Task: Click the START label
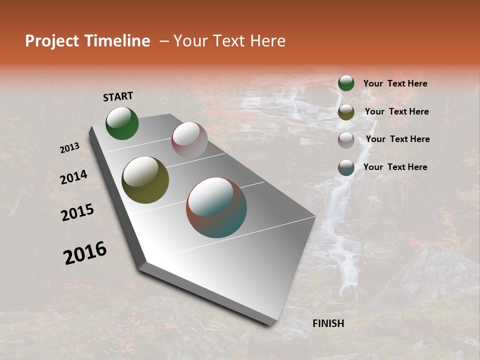point(118,96)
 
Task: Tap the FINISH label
point(328,323)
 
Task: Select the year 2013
point(70,148)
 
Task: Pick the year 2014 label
point(73,177)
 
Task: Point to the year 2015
point(77,212)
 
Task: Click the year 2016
point(85,253)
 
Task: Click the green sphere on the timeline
point(122,123)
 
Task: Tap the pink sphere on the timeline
point(189,140)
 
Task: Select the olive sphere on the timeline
point(145,180)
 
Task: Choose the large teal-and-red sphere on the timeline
point(216,207)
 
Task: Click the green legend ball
point(346,83)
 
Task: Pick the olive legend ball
point(346,112)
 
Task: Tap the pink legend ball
point(346,140)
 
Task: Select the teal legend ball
point(346,167)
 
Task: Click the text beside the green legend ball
point(395,84)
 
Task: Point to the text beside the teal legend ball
point(395,167)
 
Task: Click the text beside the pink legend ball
point(397,139)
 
